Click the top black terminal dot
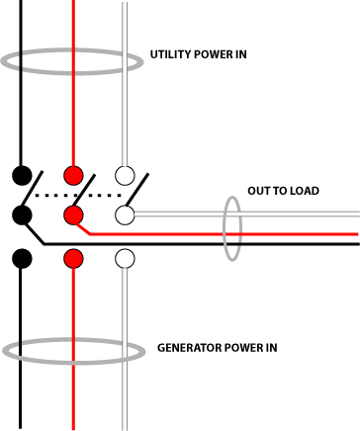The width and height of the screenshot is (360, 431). pos(21,176)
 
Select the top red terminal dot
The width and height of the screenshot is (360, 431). pos(72,176)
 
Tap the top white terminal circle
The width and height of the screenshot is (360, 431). pos(125,176)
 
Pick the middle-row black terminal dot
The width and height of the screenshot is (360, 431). pos(21,214)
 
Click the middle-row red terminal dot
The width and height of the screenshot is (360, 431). pos(72,214)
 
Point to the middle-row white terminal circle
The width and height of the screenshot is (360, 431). pos(125,214)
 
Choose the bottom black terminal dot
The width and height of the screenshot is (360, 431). pos(21,258)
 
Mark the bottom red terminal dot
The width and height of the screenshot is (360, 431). pos(72,258)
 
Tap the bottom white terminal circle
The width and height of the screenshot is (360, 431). pos(125,258)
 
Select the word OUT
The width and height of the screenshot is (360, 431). pos(259,191)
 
